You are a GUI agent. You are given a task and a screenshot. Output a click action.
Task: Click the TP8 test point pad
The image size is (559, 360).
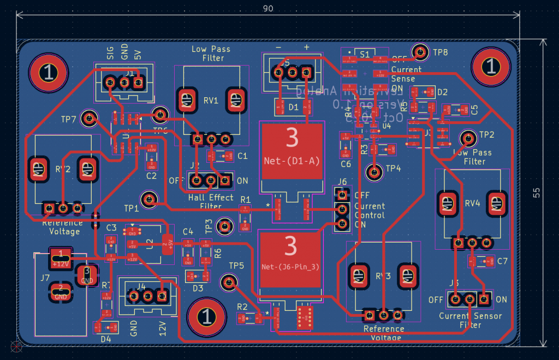420,52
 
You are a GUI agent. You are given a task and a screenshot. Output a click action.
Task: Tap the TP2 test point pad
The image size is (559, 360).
467,137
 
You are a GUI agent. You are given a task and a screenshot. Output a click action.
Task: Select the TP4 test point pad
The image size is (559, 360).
374,172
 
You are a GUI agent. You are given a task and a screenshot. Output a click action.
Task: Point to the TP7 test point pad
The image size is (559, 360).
88,117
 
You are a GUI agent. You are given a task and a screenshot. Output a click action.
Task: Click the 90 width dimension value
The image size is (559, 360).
268,9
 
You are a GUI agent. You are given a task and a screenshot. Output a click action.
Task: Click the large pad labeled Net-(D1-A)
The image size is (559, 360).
292,150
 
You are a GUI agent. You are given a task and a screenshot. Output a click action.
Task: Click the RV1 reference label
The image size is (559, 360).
211,101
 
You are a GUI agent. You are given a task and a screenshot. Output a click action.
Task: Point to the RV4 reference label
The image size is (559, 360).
472,203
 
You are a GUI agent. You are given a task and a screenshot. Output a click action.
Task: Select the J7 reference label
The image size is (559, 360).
45,278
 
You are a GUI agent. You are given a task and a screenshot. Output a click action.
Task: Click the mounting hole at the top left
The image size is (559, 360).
49,73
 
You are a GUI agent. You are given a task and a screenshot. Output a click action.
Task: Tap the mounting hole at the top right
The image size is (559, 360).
491,67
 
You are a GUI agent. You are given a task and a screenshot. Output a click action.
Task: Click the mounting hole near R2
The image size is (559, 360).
206,317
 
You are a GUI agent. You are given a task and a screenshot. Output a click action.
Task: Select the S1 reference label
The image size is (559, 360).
364,54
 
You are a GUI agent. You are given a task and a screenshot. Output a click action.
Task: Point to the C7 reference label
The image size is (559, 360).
502,261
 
